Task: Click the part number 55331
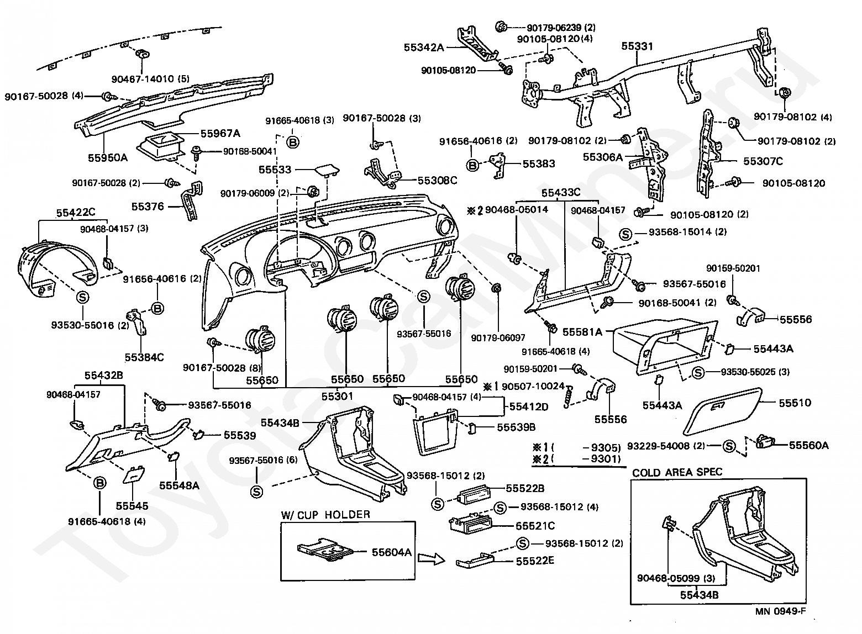coord(637,47)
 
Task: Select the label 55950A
coord(108,157)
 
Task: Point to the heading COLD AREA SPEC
coord(677,473)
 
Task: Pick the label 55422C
coord(76,212)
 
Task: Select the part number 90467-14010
coord(156,79)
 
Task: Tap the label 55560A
coord(808,445)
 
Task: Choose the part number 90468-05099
coord(669,578)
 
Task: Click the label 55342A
coord(424,47)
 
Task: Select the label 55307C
coord(763,161)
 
